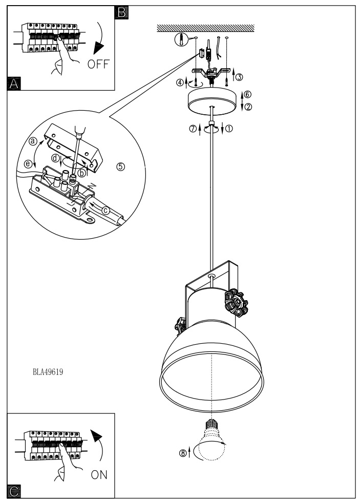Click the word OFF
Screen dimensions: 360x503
(x=98, y=64)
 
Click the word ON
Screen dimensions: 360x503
(x=99, y=475)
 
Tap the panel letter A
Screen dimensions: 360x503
(x=14, y=83)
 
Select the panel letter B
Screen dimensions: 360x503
(x=121, y=12)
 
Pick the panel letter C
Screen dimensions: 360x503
(x=14, y=491)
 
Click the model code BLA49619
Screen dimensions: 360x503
(x=48, y=372)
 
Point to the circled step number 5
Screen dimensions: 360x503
(x=120, y=166)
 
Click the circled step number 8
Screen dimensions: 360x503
(x=183, y=453)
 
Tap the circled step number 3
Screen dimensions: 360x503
(x=239, y=77)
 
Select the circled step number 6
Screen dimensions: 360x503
(x=247, y=94)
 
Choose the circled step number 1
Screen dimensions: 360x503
(x=229, y=129)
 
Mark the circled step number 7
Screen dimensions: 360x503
(x=193, y=129)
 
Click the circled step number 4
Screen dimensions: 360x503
(x=180, y=82)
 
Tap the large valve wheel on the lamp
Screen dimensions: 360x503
(x=236, y=303)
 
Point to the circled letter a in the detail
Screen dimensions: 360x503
(x=33, y=141)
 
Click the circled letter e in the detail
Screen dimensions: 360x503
(x=29, y=164)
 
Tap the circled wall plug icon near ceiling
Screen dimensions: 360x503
(x=181, y=40)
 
